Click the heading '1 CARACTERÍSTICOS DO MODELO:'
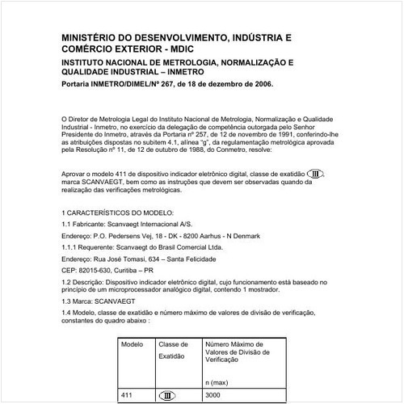(116, 212)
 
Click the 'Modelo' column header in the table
(132, 343)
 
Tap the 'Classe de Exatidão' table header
(173, 349)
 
